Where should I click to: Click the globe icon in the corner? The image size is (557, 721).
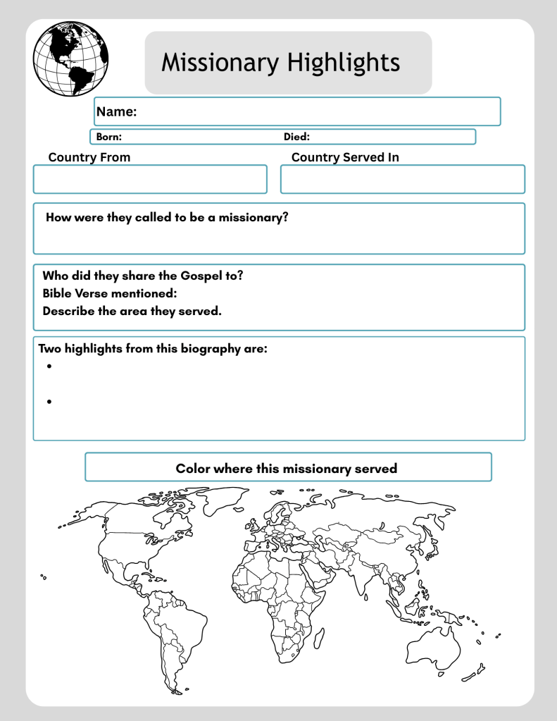pyautogui.click(x=70, y=58)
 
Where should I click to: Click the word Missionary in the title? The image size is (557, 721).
pyautogui.click(x=219, y=62)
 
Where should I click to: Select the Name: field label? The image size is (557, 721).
pyautogui.click(x=116, y=111)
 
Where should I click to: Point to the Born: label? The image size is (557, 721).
pyautogui.click(x=109, y=137)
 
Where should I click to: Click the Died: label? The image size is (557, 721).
pyautogui.click(x=296, y=137)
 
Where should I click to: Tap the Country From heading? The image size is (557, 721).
pyautogui.click(x=89, y=157)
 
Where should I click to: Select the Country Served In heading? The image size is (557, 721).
pyautogui.click(x=345, y=157)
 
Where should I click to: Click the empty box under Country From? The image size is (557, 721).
pyautogui.click(x=150, y=179)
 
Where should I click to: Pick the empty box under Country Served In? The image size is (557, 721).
pyautogui.click(x=403, y=179)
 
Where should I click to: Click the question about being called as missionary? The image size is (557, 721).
pyautogui.click(x=167, y=217)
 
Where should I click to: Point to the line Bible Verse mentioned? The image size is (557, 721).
pyautogui.click(x=109, y=293)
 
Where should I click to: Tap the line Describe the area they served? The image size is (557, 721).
pyautogui.click(x=132, y=310)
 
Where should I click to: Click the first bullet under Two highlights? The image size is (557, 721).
pyautogui.click(x=50, y=366)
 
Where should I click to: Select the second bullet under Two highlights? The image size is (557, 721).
pyautogui.click(x=50, y=402)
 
